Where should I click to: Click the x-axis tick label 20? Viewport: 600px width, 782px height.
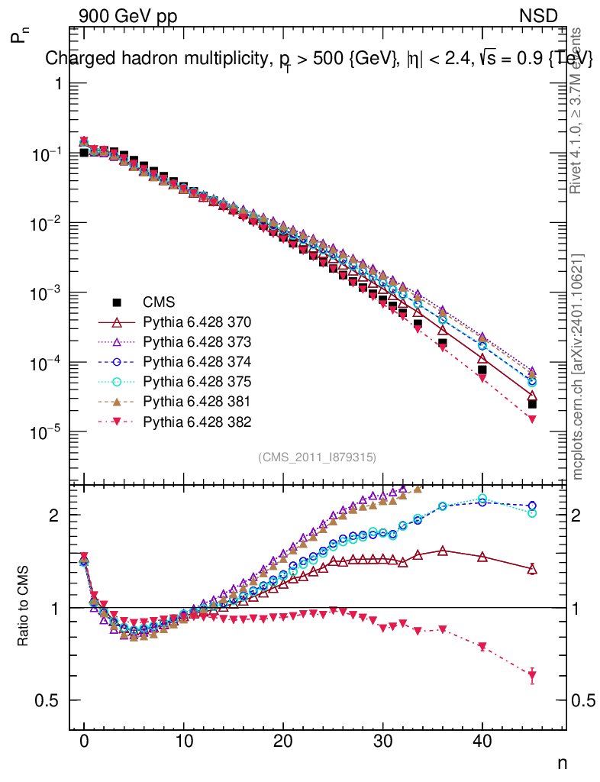click(x=283, y=741)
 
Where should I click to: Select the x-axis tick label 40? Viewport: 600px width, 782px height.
click(x=482, y=741)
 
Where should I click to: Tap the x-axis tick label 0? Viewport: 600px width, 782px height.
click(x=84, y=741)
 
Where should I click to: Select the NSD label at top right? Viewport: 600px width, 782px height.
click(x=539, y=16)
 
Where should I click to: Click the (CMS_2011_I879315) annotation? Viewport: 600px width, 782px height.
click(x=317, y=457)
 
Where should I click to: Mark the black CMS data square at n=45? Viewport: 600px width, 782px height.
click(x=532, y=404)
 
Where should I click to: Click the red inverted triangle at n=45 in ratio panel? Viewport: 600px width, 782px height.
click(x=532, y=675)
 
